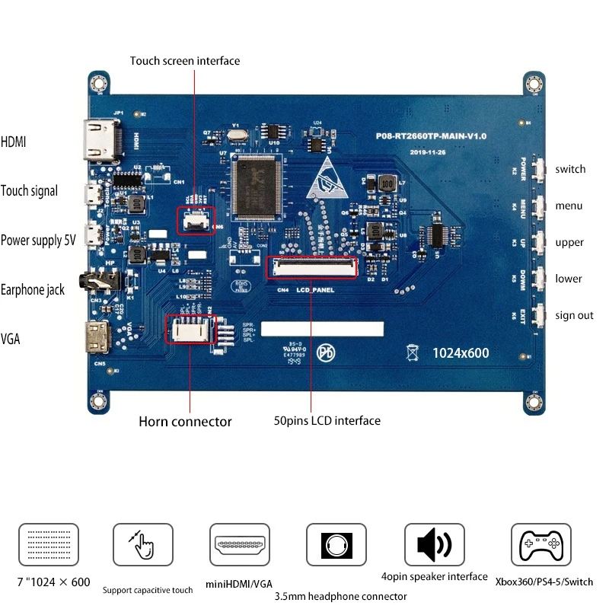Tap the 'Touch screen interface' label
tap(184, 61)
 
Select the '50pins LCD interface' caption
tap(327, 420)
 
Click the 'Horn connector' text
tap(185, 421)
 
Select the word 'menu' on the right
tap(569, 206)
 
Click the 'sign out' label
tap(574, 315)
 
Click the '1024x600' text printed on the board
tap(461, 353)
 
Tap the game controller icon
tap(540, 544)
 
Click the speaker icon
tap(434, 544)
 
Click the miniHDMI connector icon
tap(240, 544)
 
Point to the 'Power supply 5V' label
tap(38, 241)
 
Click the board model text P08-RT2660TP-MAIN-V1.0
tap(431, 136)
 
